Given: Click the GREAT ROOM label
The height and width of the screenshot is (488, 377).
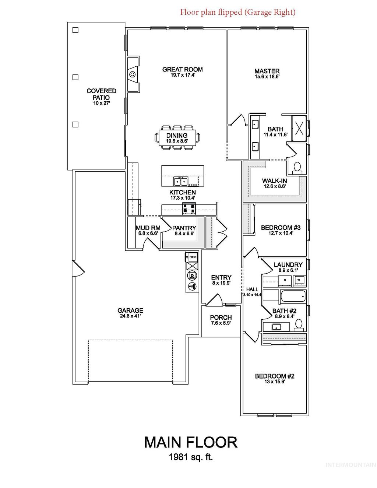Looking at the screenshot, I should (x=182, y=70).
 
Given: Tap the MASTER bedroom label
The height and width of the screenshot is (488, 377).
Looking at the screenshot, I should (x=267, y=71).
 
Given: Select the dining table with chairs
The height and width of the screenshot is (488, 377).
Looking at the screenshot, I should (x=177, y=138).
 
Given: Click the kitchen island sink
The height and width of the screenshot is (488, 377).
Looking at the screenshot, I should (x=181, y=181).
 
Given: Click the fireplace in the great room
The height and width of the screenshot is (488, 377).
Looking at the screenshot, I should (x=132, y=74).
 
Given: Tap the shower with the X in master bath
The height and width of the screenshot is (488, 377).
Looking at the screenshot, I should (x=299, y=128).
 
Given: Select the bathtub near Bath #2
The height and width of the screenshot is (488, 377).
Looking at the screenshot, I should (x=293, y=296).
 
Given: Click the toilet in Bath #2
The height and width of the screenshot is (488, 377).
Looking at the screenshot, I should (x=299, y=324).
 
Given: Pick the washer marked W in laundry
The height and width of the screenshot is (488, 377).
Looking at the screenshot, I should (x=299, y=280).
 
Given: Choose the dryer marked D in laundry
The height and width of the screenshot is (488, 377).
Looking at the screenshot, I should (x=285, y=281).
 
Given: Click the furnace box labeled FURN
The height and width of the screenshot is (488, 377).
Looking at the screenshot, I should (x=192, y=257).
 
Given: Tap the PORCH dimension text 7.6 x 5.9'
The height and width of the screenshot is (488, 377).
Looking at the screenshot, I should (x=221, y=323).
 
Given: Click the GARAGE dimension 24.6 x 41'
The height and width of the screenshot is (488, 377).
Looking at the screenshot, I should (x=130, y=316).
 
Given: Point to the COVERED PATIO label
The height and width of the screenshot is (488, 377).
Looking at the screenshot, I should (x=101, y=94).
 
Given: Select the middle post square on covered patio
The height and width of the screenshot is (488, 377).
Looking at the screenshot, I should (x=75, y=77).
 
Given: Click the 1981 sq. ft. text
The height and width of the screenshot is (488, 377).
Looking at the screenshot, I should (x=191, y=457).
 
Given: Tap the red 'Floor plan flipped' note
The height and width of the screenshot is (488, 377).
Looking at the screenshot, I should (x=237, y=12).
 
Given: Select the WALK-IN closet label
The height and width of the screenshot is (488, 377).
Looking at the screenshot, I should (x=274, y=181).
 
